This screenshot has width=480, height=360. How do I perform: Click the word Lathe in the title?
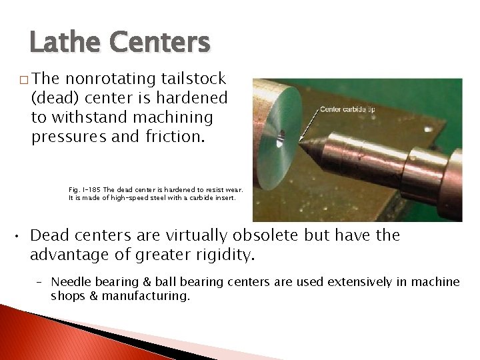[x=63, y=43]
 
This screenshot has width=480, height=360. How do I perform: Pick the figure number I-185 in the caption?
[x=93, y=190]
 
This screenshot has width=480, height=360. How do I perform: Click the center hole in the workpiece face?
[x=281, y=139]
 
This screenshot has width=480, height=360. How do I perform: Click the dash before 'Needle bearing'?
[x=40, y=282]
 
